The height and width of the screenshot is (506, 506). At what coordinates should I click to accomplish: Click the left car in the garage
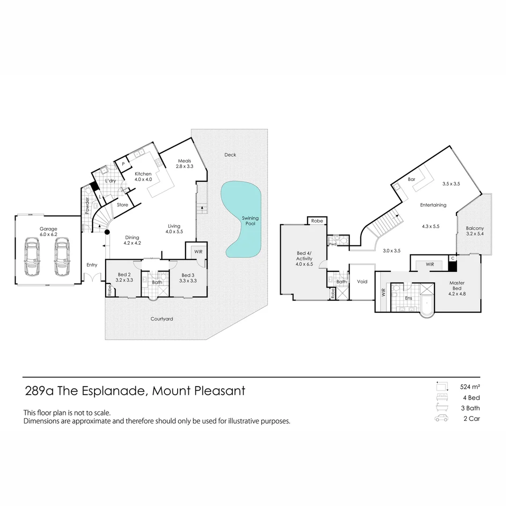[x=32, y=257]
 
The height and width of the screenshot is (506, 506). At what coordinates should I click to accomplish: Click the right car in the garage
[x=61, y=257]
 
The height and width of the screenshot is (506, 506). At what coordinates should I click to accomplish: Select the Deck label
[x=230, y=155]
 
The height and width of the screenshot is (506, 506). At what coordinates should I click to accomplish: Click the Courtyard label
[x=162, y=319]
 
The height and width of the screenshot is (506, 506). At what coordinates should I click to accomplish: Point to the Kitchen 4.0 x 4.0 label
[x=143, y=177]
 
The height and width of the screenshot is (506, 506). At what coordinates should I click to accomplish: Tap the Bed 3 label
[x=188, y=277]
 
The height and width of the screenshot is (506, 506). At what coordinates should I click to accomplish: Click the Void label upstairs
[x=362, y=282]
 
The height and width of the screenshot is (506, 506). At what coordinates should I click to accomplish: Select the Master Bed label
[x=457, y=286]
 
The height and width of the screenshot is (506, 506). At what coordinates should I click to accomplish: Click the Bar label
[x=411, y=179]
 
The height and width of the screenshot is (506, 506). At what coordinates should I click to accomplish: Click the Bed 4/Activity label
[x=304, y=259]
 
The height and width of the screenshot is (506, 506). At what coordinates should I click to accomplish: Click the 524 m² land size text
[x=470, y=387]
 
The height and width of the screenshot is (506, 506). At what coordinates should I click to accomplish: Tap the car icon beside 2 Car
[x=441, y=418]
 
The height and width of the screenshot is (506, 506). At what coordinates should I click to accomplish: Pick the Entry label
[x=92, y=265]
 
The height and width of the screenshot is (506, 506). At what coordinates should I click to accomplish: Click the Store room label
[x=122, y=204]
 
